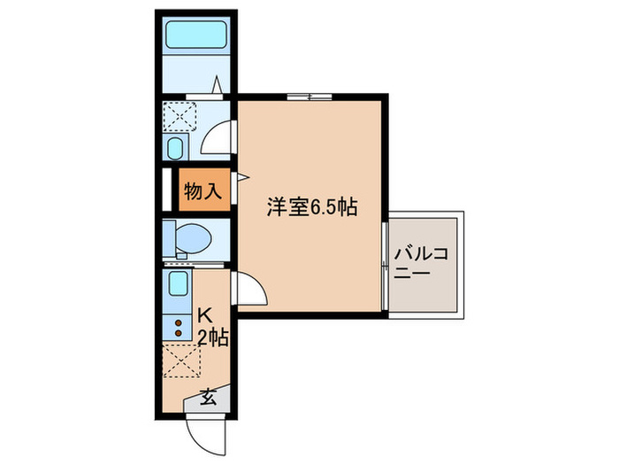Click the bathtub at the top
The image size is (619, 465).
[196, 35]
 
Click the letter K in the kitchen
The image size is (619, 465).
[204, 314]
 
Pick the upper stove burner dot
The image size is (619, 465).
[178, 322]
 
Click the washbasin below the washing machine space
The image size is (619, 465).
[175, 147]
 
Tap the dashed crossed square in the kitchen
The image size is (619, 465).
[182, 361]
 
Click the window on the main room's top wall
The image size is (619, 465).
[309, 95]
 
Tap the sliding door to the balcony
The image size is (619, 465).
[385, 265]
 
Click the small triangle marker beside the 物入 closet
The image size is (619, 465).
[237, 186]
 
